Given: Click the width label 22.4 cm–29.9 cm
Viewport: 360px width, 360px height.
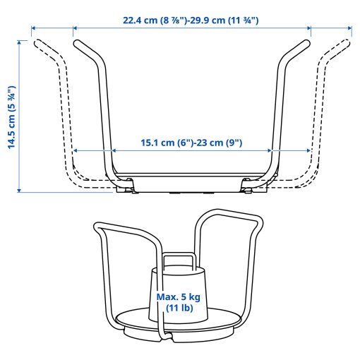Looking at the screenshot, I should [x=191, y=20].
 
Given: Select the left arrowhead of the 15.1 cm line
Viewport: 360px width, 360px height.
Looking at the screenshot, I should [x=76, y=150].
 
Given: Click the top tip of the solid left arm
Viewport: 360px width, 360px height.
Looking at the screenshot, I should [x=78, y=42].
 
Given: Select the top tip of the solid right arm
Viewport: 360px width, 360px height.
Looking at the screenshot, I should [x=304, y=42].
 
